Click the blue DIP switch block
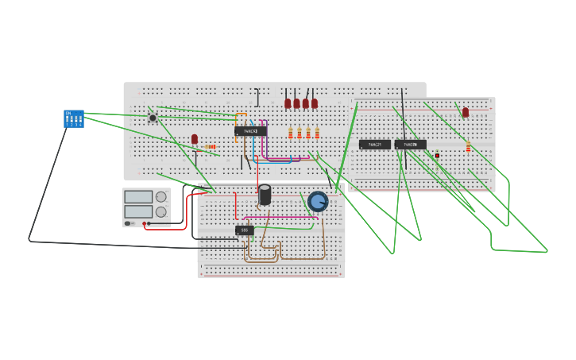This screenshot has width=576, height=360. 73,118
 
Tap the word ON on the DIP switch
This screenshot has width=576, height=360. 68,113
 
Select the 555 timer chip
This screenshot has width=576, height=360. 245,230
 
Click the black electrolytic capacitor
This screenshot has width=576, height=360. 265,195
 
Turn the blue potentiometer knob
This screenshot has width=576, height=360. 318,201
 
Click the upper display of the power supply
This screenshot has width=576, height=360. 137,196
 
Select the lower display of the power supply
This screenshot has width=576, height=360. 137,211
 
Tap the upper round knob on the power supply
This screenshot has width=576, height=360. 161,197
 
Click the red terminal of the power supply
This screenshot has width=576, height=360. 144,224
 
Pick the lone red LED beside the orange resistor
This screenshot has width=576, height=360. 195,139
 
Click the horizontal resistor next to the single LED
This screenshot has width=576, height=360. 210,146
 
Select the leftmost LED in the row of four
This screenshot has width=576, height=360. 288,103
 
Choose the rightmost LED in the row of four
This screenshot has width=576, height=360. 315,103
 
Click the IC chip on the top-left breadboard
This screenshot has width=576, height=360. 250,131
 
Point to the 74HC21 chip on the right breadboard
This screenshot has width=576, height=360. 374,145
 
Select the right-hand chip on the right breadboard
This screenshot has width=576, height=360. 410,145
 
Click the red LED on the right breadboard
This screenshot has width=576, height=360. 466,112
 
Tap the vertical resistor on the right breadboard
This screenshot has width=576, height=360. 468,146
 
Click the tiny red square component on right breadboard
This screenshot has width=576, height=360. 437,155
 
